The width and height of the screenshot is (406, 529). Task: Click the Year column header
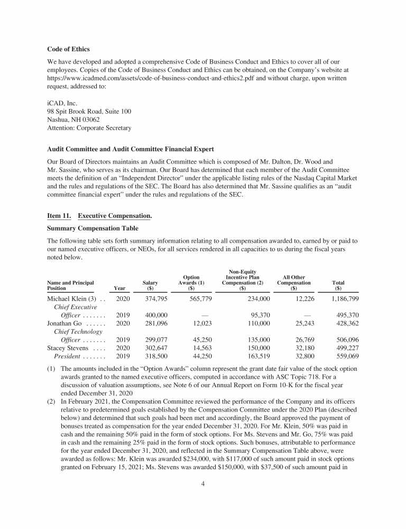tap(119, 288)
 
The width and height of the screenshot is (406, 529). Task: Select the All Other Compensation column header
tap(294, 282)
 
